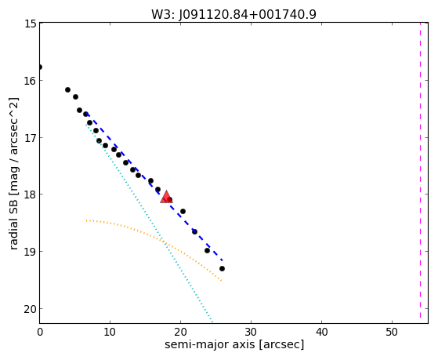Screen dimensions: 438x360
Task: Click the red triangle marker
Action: coord(166,197)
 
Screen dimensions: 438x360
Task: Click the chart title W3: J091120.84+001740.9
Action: coord(233,14)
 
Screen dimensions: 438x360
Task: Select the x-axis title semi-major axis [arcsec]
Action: coord(234,344)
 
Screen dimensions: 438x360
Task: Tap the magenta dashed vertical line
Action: coord(420,170)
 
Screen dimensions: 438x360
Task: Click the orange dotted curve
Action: coord(157,238)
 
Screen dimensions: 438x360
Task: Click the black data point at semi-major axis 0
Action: coord(40,67)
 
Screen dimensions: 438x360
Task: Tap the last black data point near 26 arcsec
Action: coord(222,268)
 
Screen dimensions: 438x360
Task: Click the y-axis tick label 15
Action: coord(31,24)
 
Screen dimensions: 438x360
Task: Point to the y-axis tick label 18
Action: coord(31,195)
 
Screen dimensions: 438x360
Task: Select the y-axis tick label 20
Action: coord(31,309)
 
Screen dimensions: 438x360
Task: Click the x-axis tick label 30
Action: coord(251,332)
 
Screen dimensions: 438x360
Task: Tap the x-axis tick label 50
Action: coord(392,332)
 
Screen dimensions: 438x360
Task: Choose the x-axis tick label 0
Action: coord(40,332)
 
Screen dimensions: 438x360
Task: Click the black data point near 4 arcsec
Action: coord(67,89)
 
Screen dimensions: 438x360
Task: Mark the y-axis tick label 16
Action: coord(31,81)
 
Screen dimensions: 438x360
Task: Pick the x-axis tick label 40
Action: coord(321,332)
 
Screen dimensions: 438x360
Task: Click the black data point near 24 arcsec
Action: coord(207,250)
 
